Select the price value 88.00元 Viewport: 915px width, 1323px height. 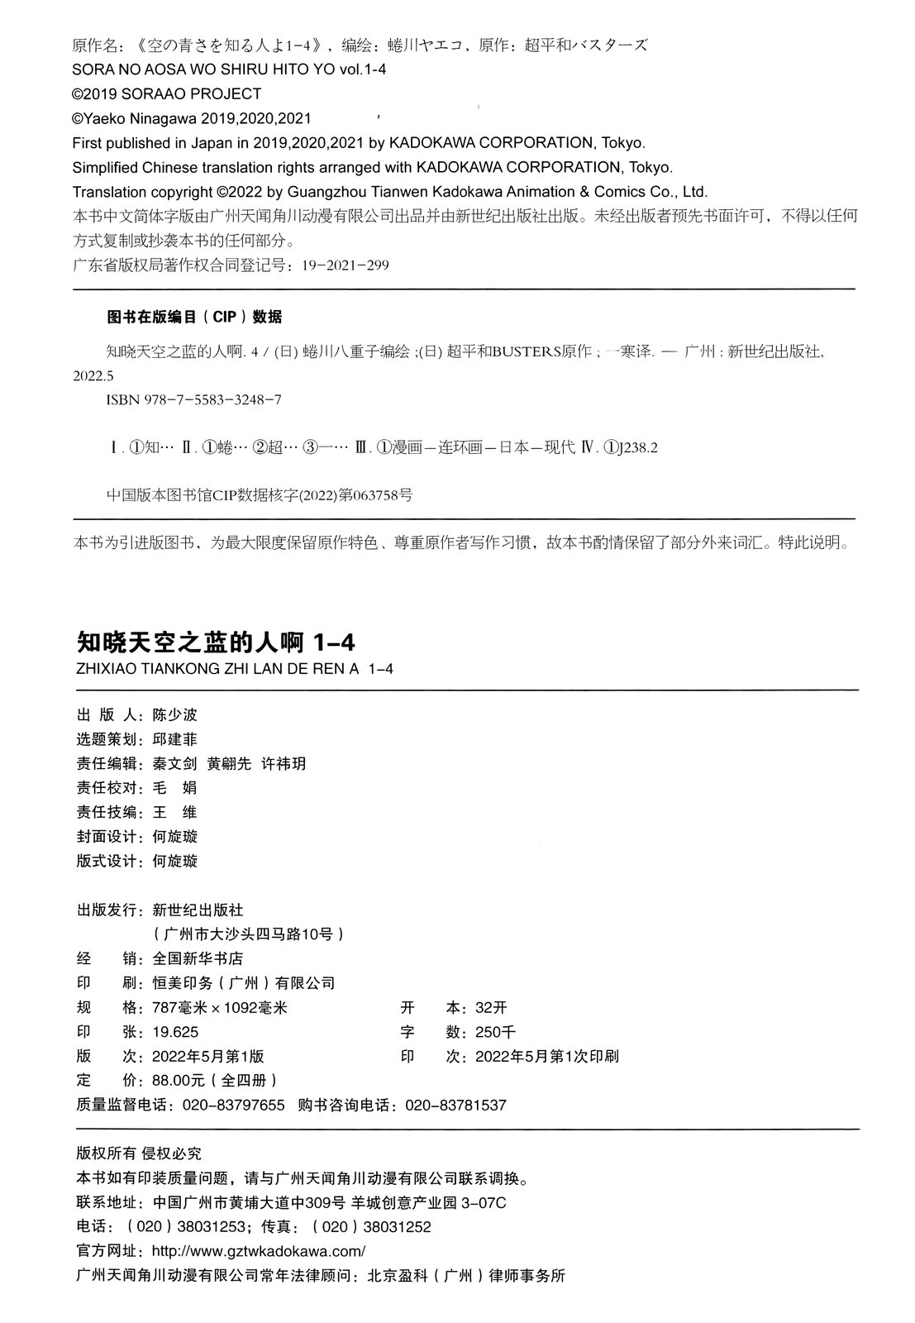tap(180, 1081)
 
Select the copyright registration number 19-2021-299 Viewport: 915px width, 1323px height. tap(346, 265)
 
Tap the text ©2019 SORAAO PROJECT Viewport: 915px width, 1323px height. tap(167, 94)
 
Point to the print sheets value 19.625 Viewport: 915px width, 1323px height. tap(175, 1032)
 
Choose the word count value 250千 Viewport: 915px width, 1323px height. tap(496, 1032)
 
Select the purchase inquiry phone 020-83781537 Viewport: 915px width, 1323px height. tap(454, 1106)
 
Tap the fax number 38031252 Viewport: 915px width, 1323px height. tap(397, 1227)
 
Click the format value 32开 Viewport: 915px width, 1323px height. tap(491, 1008)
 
